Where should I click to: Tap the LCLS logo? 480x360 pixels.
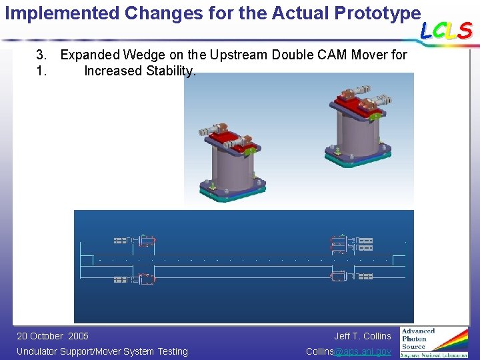click(446, 30)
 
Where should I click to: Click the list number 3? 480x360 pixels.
click(41, 55)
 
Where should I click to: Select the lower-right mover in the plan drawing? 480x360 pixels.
click(339, 278)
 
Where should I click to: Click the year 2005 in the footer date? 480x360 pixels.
click(78, 336)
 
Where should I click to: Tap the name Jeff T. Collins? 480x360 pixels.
click(363, 336)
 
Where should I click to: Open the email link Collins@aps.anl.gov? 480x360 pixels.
click(348, 351)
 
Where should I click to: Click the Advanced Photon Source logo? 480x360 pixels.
click(434, 342)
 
